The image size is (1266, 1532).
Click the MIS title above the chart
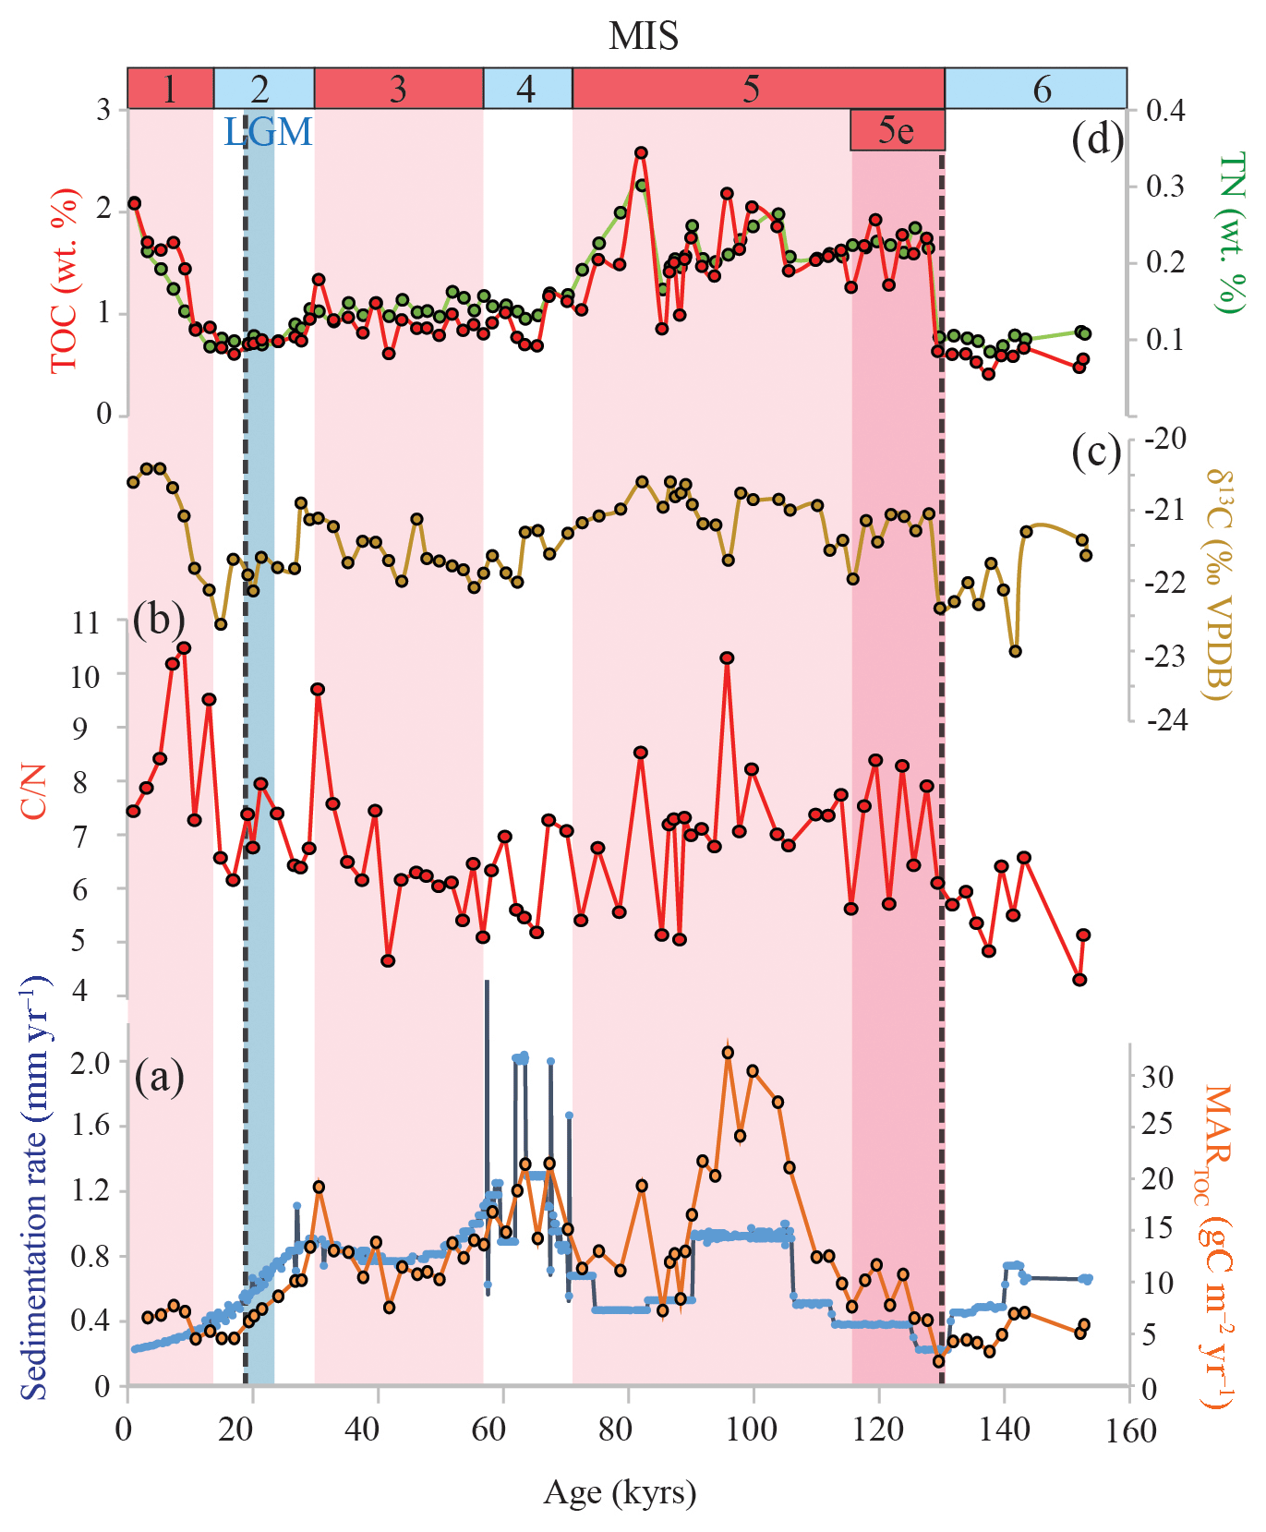[x=644, y=37]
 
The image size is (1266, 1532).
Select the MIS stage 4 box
[x=527, y=89]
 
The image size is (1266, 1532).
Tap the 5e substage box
[x=897, y=130]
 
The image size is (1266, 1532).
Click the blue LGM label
[x=268, y=132]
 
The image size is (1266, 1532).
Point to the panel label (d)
[x=1097, y=140]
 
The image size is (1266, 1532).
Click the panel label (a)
[x=159, y=1077]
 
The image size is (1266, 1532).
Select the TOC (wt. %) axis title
[x=65, y=281]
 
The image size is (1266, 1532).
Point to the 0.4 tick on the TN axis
[x=1164, y=111]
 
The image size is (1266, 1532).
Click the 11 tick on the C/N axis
[x=86, y=622]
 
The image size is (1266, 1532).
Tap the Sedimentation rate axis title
[x=33, y=1188]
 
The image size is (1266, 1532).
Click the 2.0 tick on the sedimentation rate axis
[x=90, y=1062]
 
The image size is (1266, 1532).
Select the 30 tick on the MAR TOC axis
[x=1157, y=1077]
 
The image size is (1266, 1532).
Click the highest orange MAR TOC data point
[x=728, y=1053]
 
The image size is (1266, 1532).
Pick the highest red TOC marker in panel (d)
[x=641, y=153]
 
